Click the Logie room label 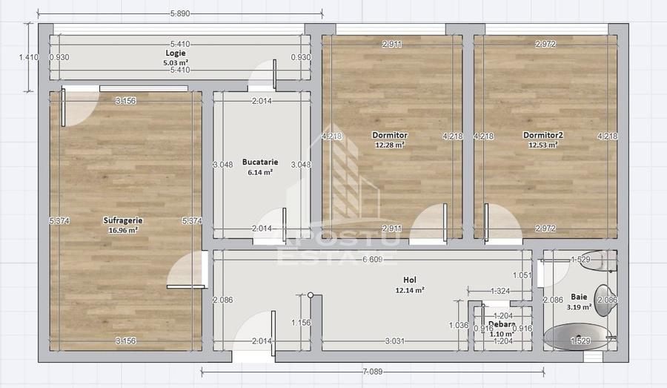175,53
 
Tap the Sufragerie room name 123,220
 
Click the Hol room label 409,280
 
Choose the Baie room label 579,296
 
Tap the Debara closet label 502,325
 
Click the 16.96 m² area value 123,230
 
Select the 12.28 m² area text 390,145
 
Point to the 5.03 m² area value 175,62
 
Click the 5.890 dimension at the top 180,13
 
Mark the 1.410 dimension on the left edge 29,56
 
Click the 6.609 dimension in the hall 372,260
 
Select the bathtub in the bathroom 578,338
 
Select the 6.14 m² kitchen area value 260,171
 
